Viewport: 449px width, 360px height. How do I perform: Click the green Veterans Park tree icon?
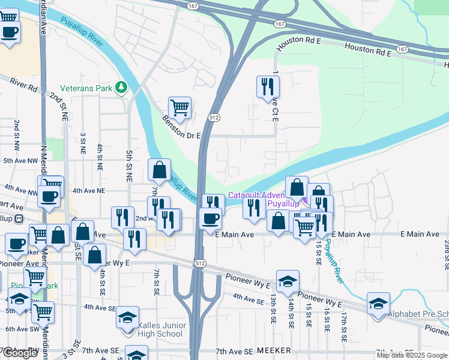pos(122,88)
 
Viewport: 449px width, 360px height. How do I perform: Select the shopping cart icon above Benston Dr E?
pos(179,108)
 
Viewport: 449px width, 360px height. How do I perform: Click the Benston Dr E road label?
pos(181,127)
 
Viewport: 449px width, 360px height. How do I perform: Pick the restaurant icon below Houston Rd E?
pos(267,87)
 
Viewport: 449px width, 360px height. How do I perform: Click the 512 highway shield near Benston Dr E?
pos(214,118)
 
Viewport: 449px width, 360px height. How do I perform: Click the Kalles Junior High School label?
pos(161,329)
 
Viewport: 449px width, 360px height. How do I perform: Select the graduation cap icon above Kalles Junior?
pos(127,317)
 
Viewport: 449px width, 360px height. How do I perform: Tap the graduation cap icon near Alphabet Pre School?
pos(378,304)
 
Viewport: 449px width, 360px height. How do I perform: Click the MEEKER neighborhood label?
pos(274,350)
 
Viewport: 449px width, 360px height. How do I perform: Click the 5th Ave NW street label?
pos(20,161)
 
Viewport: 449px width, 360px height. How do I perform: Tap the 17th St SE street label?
pos(344,326)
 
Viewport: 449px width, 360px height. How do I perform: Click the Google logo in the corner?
pos(20,353)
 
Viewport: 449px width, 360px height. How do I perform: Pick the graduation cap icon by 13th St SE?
pos(288,281)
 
